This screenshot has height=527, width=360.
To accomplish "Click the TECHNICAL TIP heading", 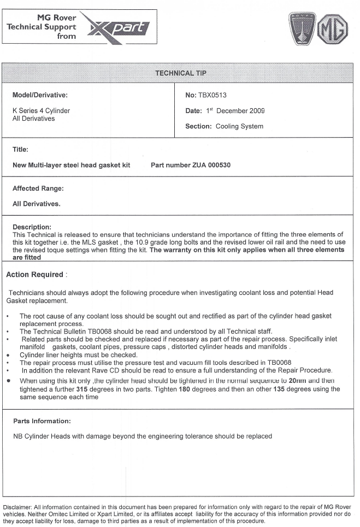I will point(181,73).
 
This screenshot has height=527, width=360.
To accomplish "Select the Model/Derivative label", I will point(40,95).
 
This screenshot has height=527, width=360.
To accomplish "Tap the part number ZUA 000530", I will point(206,165).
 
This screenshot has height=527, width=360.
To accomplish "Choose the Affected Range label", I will point(38,188).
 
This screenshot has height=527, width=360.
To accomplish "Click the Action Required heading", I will point(34,274).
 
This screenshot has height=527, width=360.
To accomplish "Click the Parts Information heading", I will point(42,421).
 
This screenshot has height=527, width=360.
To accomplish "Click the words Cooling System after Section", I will point(239,126).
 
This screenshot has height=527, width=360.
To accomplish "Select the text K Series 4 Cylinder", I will point(41,110).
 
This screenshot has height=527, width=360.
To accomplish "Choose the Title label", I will point(20,149).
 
